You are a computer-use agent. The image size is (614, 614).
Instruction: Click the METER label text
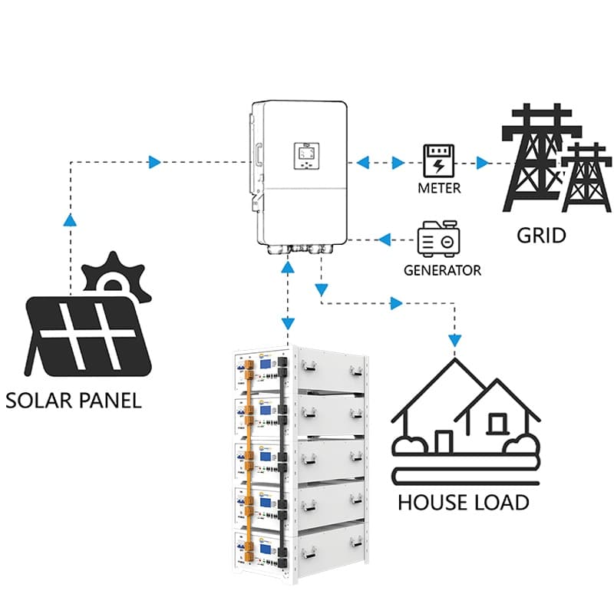[x=439, y=189]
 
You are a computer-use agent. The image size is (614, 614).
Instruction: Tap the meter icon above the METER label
[x=439, y=161]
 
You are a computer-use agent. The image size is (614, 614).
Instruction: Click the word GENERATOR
[x=443, y=270]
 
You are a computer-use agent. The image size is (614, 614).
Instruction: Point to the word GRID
[x=540, y=234]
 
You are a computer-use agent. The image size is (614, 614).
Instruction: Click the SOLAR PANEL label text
[x=73, y=400]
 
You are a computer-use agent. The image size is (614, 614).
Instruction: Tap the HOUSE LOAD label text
[x=463, y=503]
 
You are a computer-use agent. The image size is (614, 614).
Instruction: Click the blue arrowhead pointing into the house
[x=456, y=338]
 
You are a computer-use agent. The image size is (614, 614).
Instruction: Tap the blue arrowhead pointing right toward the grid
[x=482, y=163]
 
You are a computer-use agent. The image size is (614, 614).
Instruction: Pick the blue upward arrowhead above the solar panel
[x=71, y=220]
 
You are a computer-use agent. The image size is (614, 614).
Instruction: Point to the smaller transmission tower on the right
[x=586, y=176]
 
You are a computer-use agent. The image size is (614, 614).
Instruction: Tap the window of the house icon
[x=497, y=421]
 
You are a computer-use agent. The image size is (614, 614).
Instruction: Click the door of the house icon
[x=444, y=441]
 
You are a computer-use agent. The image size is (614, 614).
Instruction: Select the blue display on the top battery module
[x=266, y=365]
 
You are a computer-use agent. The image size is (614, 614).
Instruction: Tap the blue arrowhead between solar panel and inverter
[x=155, y=162]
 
